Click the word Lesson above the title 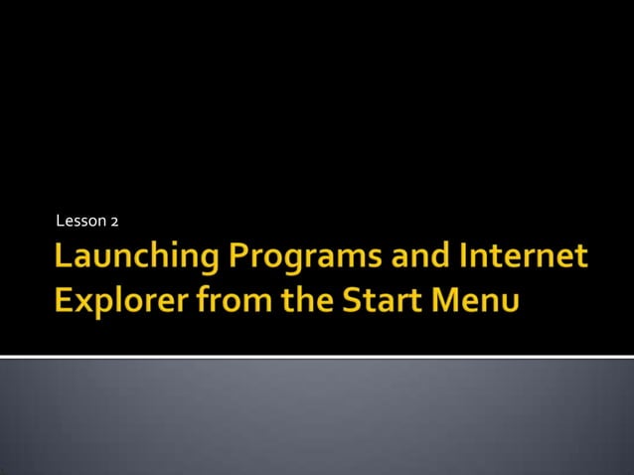[80, 220]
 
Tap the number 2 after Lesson [114, 220]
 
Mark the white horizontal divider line [317, 356]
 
